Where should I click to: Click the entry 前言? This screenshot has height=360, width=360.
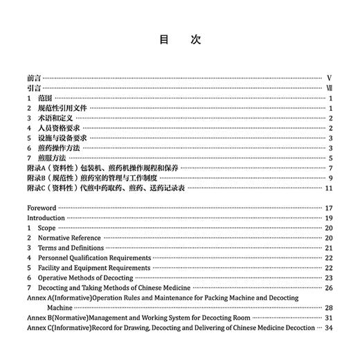coord(35,79)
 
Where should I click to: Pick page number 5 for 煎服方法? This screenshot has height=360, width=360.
coord(332,158)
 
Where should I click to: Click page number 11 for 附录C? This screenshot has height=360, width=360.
coord(330,188)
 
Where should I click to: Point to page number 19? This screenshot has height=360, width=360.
coord(330,217)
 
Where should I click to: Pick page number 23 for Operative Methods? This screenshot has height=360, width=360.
coord(330,277)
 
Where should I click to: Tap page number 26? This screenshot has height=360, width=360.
coord(330,287)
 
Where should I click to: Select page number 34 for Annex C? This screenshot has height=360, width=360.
coord(330,327)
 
